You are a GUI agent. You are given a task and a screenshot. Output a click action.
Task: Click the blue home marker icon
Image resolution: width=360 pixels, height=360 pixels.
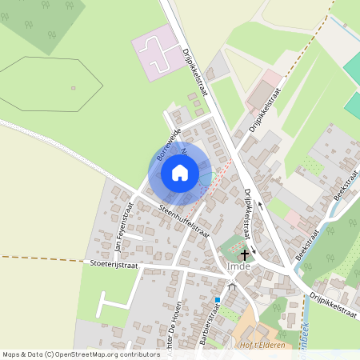coord(180,173)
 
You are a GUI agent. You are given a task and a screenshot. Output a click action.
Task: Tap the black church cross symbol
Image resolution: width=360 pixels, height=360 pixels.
coord(245,254)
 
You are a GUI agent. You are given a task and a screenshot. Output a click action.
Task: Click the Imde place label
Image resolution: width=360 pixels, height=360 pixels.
coord(239,266)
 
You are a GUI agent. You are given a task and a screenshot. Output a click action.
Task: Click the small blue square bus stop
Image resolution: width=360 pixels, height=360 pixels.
coord(217,300)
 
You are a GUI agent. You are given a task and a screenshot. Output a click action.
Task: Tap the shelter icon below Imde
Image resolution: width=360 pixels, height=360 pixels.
coord(232,286)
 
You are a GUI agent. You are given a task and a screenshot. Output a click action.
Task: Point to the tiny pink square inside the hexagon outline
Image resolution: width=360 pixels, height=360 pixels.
coord(73,87)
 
